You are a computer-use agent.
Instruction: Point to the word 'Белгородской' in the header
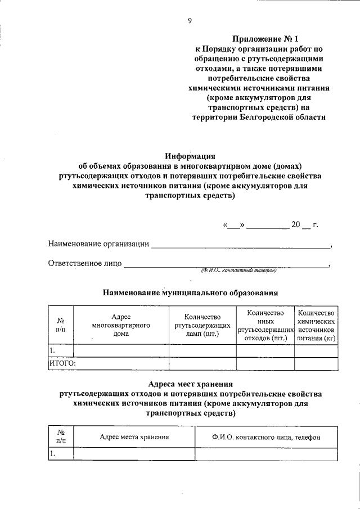pyautogui.click(x=265, y=117)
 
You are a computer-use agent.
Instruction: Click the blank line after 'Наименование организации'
pyautogui.click(x=241, y=245)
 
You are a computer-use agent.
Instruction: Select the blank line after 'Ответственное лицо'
pyautogui.click(x=225, y=264)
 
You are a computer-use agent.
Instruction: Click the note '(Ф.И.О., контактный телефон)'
pyautogui.click(x=239, y=271)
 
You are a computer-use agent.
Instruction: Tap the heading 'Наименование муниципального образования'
pyautogui.click(x=190, y=293)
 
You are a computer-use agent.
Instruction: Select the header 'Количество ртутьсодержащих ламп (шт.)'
pyautogui.click(x=202, y=326)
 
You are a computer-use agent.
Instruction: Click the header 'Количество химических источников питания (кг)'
pyautogui.click(x=317, y=325)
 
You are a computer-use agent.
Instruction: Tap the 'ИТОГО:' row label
pyautogui.click(x=61, y=363)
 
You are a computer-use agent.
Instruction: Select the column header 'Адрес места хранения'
pyautogui.click(x=134, y=436)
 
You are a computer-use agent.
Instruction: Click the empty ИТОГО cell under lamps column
pyautogui.click(x=202, y=363)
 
